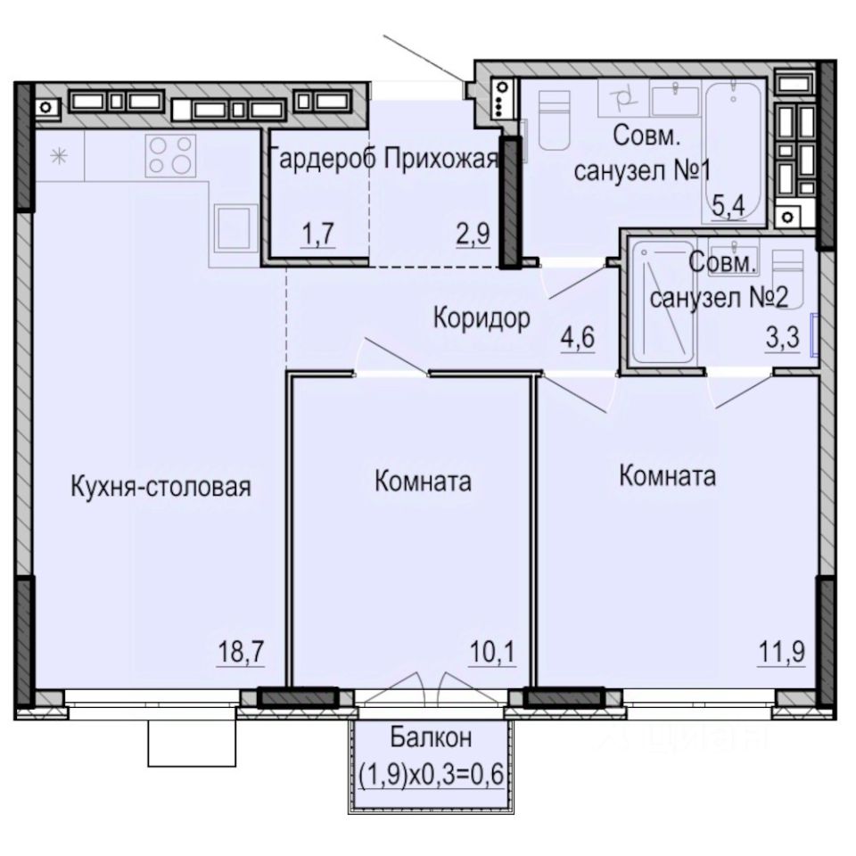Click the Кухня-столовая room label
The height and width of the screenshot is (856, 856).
click(161, 487)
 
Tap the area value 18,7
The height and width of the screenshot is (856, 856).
click(242, 651)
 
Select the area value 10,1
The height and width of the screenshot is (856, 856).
click(492, 651)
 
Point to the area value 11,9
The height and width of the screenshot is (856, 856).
click(781, 651)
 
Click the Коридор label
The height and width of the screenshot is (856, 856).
click(481, 318)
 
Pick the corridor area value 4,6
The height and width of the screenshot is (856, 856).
click(578, 337)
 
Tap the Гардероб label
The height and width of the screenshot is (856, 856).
click(322, 160)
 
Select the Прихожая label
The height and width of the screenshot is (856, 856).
click(441, 160)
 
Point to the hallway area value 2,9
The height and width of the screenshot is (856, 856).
click(473, 234)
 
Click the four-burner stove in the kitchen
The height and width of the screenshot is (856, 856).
click(170, 155)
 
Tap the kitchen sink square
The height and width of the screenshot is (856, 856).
click(235, 228)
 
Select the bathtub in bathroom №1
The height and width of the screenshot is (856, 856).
click(735, 152)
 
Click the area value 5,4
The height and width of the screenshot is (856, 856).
click(728, 207)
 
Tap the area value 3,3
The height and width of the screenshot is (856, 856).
click(782, 337)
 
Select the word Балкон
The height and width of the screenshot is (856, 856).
click(431, 737)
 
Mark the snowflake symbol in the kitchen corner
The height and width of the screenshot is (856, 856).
click(59, 157)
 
